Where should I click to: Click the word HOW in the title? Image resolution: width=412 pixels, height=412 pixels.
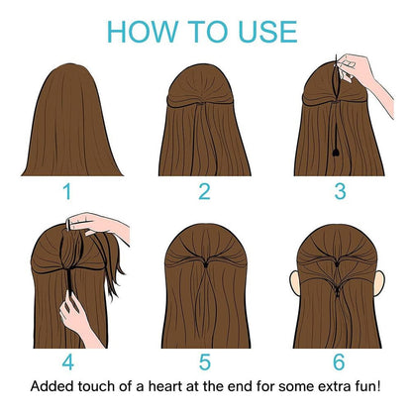tap(139, 30)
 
